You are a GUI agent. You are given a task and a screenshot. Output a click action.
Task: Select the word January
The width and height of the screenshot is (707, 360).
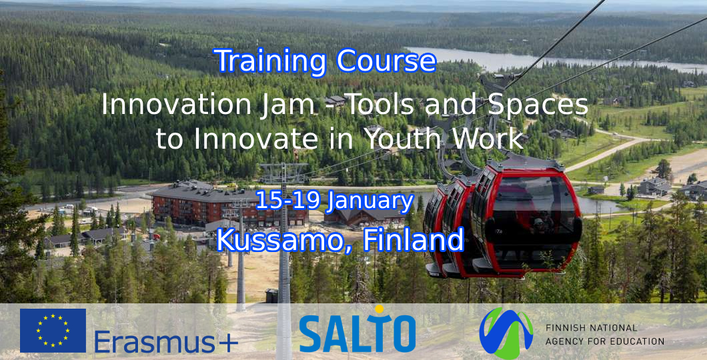[371, 202]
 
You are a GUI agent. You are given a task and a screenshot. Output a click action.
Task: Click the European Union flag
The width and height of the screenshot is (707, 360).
[53, 330]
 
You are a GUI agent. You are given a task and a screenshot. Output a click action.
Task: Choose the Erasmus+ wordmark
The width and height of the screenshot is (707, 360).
[166, 342]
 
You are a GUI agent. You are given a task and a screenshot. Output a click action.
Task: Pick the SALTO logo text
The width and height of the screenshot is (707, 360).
[357, 333]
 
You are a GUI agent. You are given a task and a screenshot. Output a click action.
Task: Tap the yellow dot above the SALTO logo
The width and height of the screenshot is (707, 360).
[380, 309]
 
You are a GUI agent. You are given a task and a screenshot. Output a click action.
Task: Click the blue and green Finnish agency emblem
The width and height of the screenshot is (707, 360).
[506, 333]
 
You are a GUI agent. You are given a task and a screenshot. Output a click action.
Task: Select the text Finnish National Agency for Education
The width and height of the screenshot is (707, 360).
[604, 335]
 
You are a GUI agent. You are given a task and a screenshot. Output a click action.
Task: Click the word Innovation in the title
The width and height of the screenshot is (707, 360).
[176, 105]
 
